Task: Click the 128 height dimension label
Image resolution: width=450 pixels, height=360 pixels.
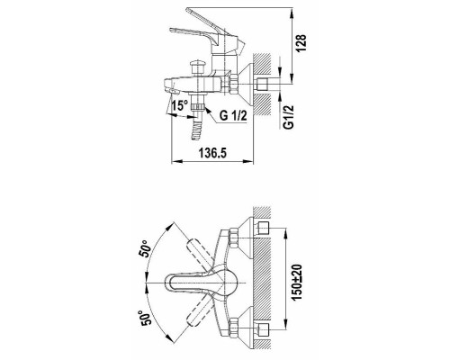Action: (x=301, y=43)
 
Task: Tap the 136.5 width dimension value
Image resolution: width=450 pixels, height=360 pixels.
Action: (x=212, y=153)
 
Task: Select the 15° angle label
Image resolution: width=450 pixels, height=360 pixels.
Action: (x=180, y=105)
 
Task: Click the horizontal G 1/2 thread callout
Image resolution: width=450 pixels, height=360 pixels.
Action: (x=233, y=115)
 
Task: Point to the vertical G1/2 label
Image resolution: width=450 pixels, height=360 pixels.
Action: (x=288, y=117)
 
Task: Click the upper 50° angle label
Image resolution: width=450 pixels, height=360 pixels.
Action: (x=145, y=248)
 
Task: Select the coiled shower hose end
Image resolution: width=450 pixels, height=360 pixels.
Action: (x=197, y=130)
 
